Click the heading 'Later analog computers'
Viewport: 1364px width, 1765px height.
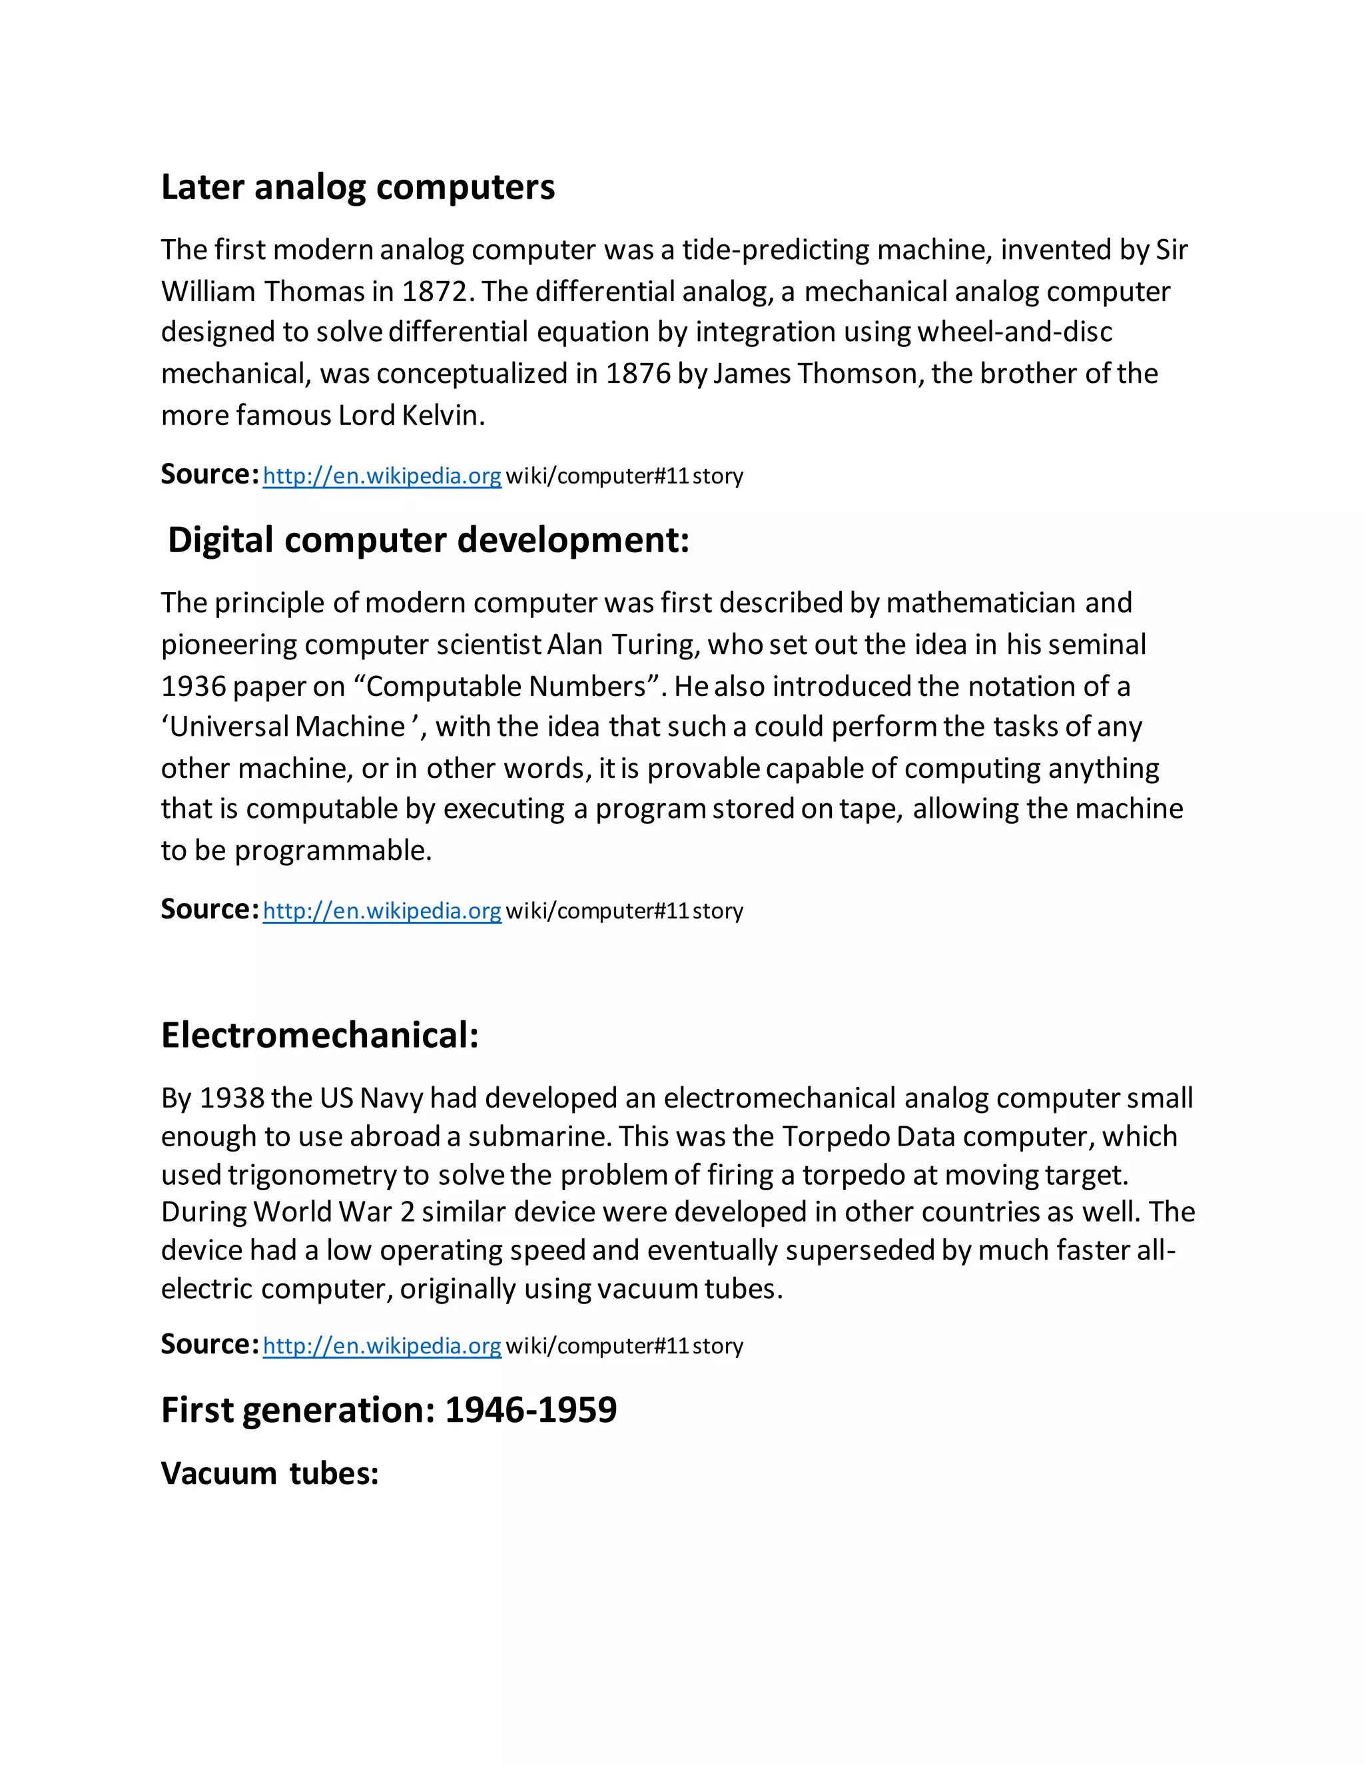point(357,188)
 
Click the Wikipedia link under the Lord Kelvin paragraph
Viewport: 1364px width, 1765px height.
point(382,476)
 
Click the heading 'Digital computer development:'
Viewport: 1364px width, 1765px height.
point(428,540)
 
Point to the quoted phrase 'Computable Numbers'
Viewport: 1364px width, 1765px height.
point(507,686)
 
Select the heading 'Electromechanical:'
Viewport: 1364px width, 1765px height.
point(319,1035)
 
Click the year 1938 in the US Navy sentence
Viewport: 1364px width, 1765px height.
point(232,1098)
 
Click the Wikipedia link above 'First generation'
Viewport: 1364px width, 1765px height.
point(382,1345)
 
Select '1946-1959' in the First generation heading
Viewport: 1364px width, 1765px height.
point(530,1410)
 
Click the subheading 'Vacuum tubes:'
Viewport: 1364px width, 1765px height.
point(270,1473)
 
